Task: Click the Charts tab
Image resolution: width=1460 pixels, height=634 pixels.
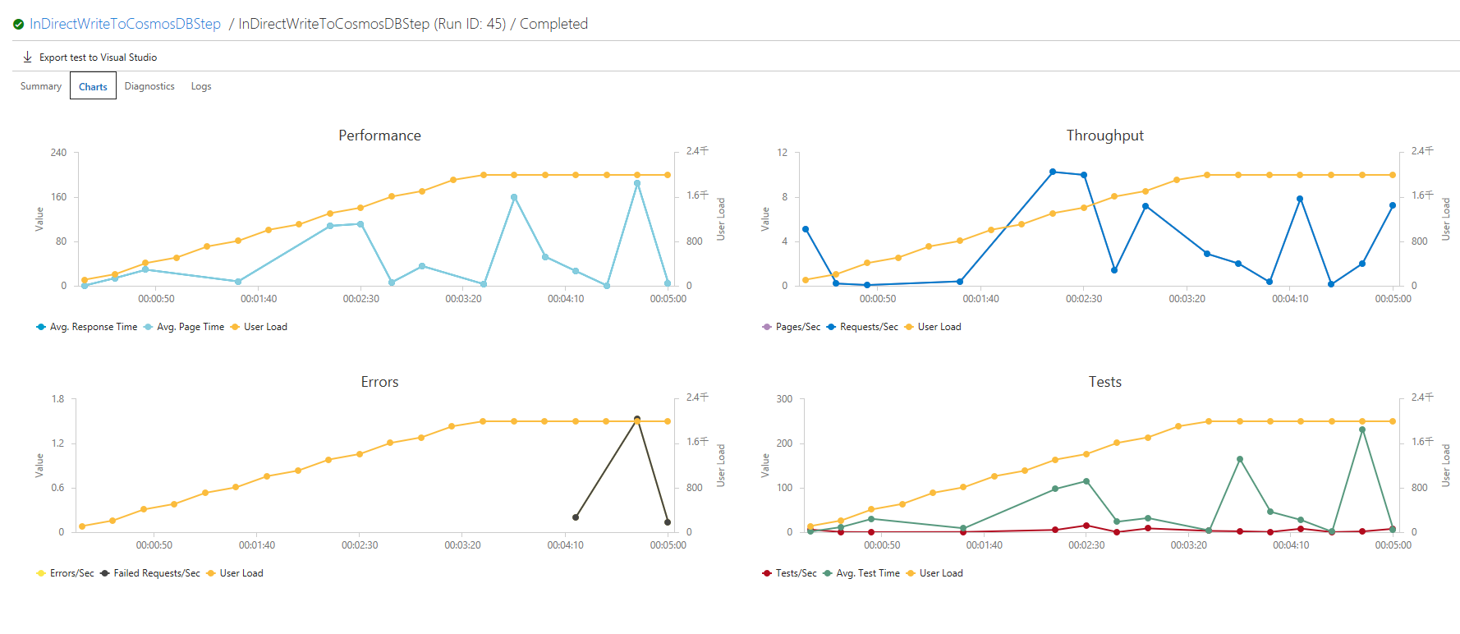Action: click(93, 86)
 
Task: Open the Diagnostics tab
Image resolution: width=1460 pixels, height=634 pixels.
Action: click(149, 86)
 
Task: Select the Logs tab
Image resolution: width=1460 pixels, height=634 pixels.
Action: click(201, 86)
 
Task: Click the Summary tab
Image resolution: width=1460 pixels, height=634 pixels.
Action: click(41, 86)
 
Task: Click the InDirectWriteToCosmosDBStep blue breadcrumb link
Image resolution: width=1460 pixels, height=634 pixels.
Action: click(125, 24)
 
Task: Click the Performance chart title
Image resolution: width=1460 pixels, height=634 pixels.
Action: click(379, 136)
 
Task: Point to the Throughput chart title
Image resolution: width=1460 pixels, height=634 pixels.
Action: click(1104, 136)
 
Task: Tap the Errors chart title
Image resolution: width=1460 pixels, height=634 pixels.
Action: click(379, 382)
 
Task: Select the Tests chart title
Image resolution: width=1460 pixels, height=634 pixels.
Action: click(1104, 382)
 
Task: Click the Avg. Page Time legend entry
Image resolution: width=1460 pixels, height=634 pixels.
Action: click(190, 327)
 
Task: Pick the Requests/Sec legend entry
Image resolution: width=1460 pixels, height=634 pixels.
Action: click(868, 327)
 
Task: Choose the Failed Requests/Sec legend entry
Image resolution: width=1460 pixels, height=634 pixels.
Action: click(156, 573)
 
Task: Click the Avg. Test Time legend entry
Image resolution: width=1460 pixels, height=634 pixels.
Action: click(867, 573)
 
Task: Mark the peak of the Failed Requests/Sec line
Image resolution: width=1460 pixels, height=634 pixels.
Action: click(637, 419)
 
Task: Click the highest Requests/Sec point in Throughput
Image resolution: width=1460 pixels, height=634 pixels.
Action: click(1053, 172)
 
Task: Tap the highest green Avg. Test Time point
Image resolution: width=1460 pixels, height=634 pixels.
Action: click(1362, 430)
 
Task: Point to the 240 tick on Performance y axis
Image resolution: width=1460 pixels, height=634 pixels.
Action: click(58, 153)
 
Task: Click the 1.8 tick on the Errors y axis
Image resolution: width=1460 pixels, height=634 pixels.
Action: click(57, 399)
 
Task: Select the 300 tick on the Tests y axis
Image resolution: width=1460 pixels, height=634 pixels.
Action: click(784, 399)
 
